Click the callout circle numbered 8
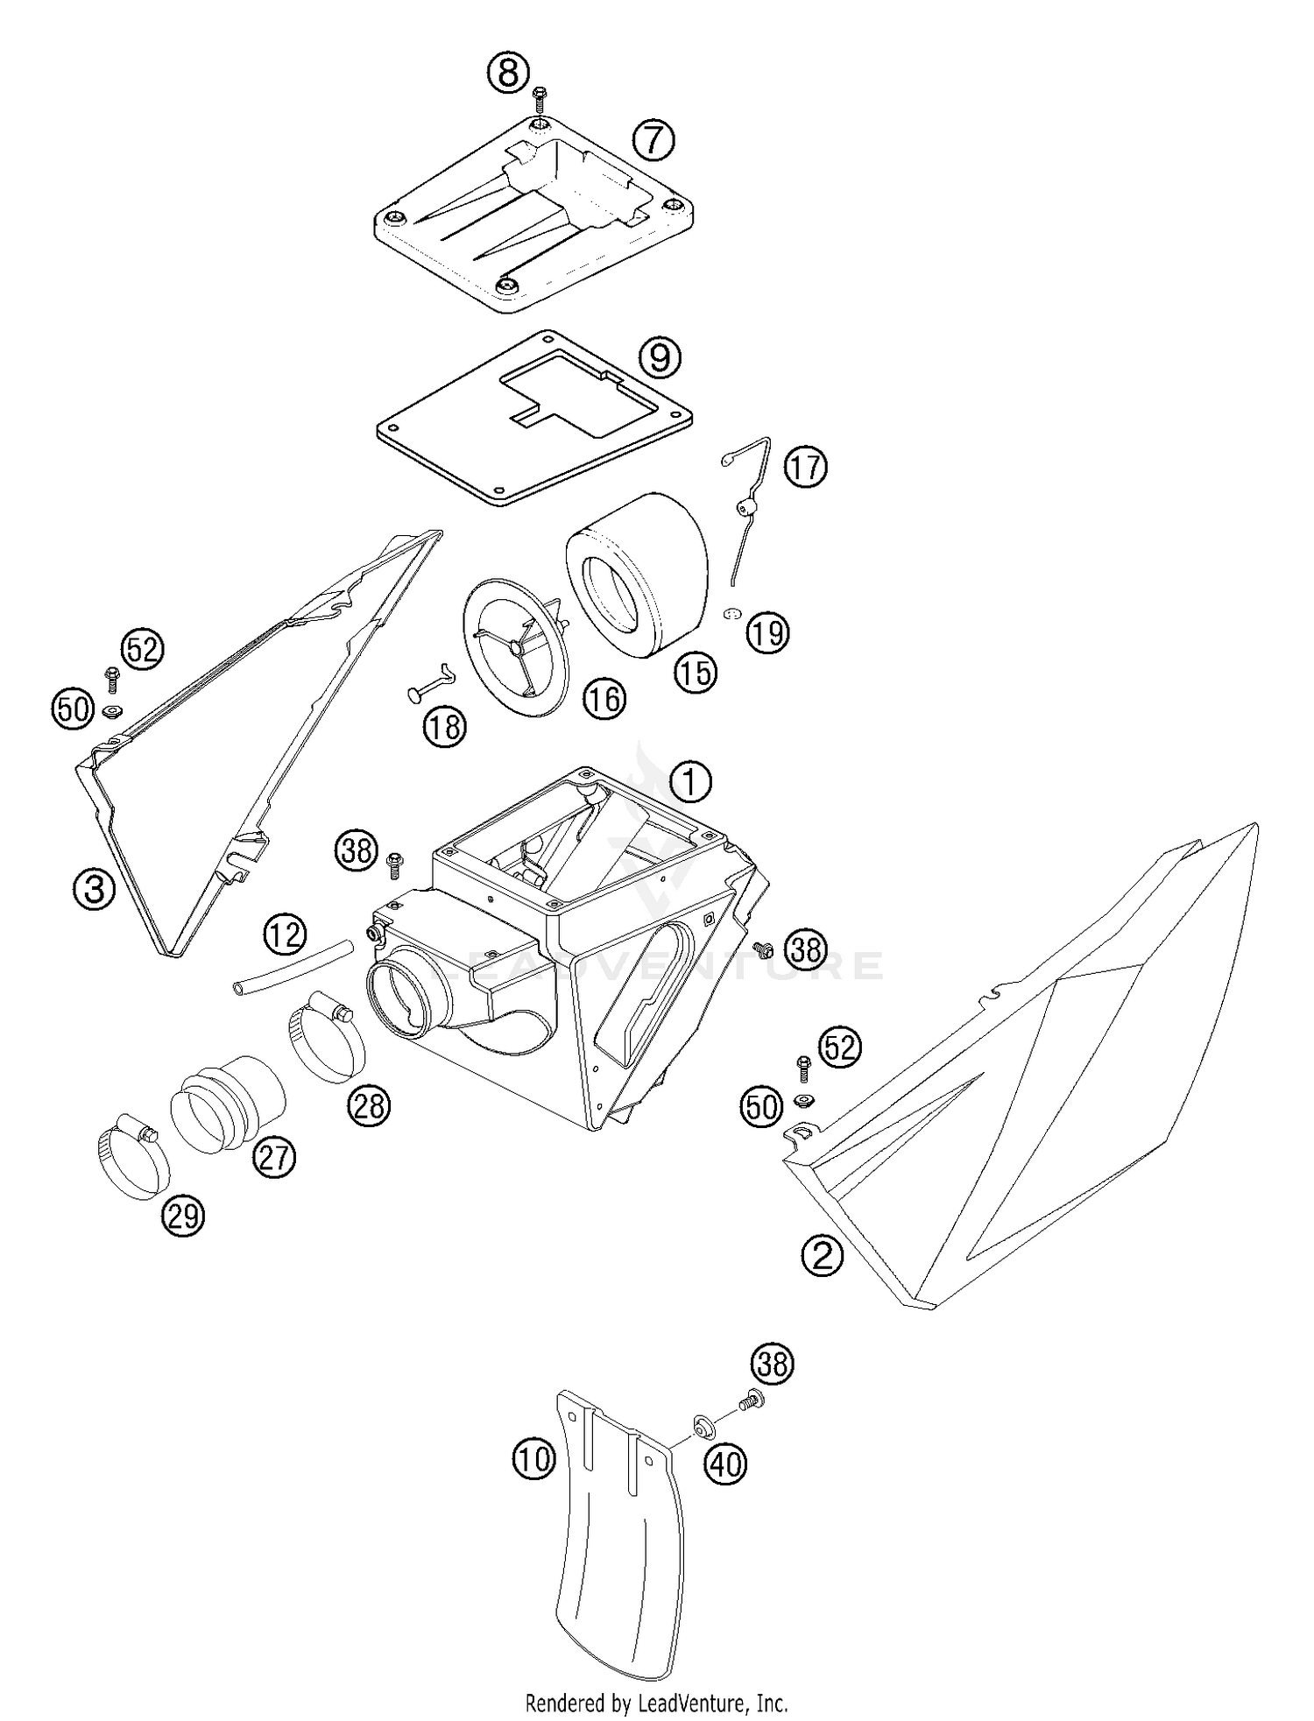508,72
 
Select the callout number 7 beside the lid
653,139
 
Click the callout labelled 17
805,466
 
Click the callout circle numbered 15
695,672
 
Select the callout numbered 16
604,698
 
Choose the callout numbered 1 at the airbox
690,780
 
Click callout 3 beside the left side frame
95,890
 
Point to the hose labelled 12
293,966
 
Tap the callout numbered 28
368,1106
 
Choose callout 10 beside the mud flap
533,1459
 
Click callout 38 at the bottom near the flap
772,1364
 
